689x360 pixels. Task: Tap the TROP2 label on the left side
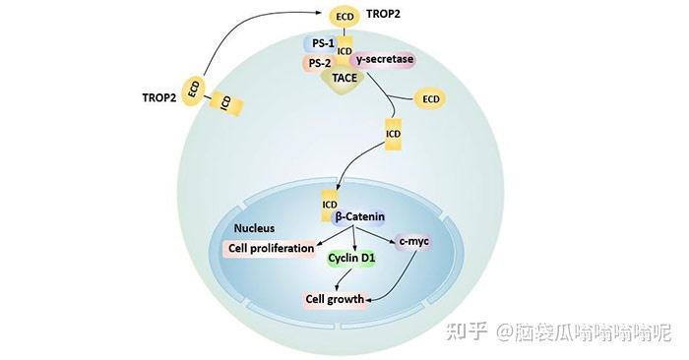coord(160,97)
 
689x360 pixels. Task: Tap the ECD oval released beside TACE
coord(430,98)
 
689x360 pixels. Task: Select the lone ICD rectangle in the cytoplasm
coord(394,133)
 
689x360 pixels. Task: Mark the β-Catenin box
coord(359,216)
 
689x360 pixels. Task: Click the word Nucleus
coord(254,228)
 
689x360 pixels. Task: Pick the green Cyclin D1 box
coord(349,259)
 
